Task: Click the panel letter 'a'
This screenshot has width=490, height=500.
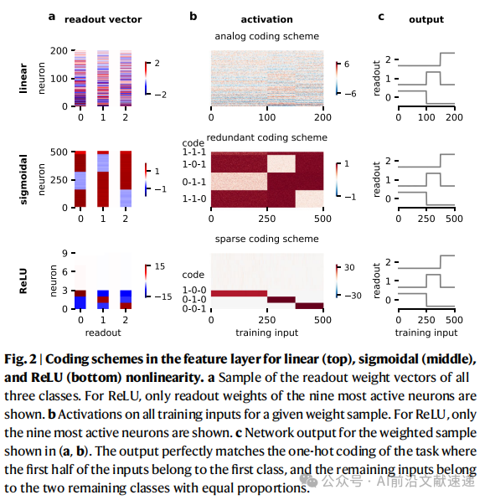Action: (52, 17)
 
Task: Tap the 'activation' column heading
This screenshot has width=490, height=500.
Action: (266, 19)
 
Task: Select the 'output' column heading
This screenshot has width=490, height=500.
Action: (426, 19)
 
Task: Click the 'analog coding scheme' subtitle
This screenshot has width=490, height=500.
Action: (266, 36)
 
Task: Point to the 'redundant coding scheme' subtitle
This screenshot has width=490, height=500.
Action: (266, 137)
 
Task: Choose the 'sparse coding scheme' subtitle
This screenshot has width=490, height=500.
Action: (266, 239)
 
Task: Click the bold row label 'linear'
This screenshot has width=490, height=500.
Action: (23, 79)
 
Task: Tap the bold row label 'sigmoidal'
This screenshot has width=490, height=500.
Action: (23, 179)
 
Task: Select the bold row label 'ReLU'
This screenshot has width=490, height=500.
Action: (23, 281)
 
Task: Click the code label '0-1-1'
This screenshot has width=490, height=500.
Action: (194, 182)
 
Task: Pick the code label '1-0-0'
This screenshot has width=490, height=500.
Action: (194, 290)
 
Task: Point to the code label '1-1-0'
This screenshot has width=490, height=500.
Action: (194, 199)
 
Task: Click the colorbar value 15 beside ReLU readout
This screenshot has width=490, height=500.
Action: (160, 266)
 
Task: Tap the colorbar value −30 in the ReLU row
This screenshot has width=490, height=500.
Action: (353, 296)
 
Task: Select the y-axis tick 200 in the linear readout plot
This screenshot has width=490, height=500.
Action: (59, 51)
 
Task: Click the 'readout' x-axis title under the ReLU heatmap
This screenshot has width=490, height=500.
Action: (103, 332)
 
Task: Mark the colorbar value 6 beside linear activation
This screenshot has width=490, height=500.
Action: (347, 64)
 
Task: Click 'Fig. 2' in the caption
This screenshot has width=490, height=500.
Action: (20, 359)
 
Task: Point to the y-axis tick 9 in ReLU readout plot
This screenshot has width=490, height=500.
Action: (64, 253)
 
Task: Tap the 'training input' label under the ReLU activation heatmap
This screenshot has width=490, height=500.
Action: (266, 332)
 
